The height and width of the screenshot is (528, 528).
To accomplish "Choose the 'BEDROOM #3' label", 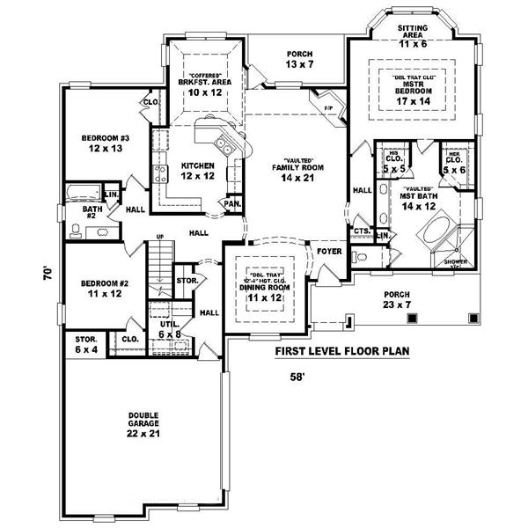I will (106, 143).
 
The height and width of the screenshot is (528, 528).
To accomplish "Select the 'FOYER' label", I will (329, 251).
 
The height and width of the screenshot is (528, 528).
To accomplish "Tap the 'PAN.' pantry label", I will (232, 203).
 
